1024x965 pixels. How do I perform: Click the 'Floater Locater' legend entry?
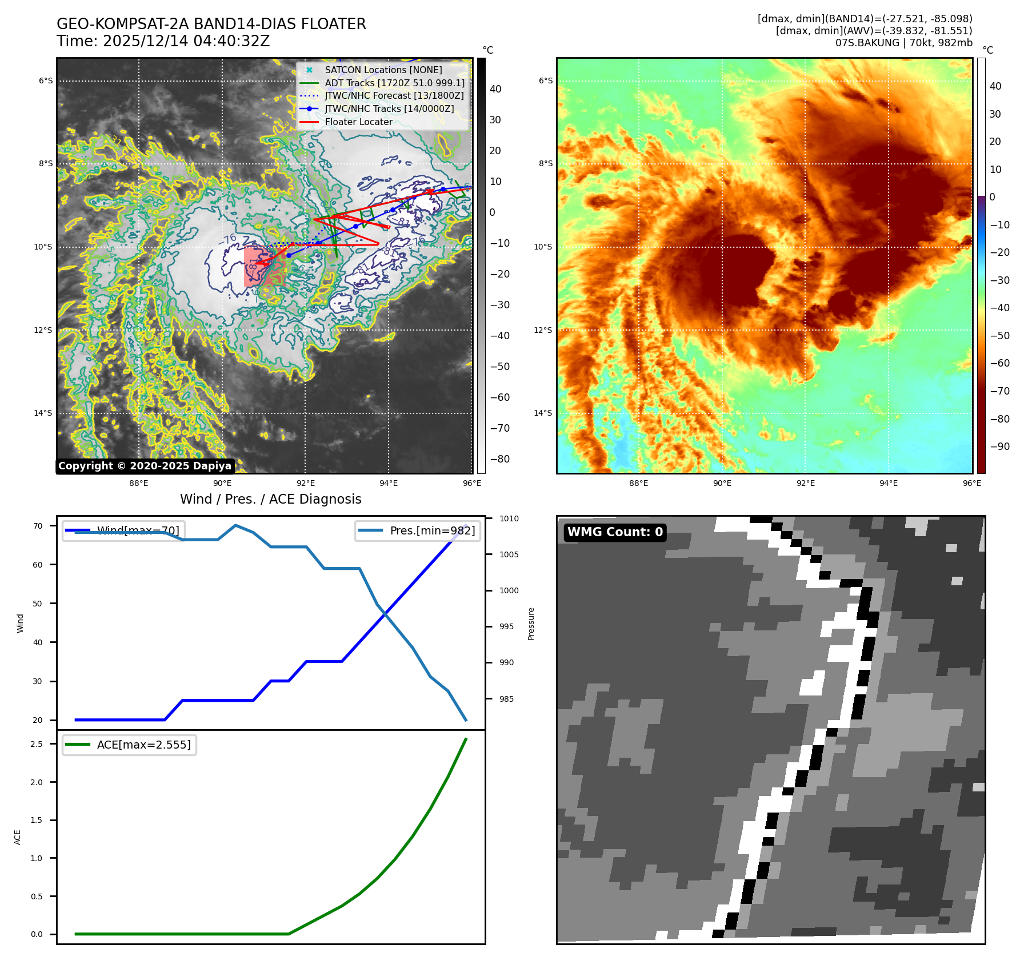tap(358, 122)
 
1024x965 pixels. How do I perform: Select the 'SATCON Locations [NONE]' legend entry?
tap(383, 70)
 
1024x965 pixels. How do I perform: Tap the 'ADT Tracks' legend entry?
tap(394, 83)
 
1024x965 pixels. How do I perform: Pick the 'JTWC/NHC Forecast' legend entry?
tap(394, 95)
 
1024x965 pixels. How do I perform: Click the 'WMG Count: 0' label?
tap(615, 532)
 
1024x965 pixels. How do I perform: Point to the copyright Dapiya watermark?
tap(145, 466)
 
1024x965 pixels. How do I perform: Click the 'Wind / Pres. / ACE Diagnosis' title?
tap(270, 499)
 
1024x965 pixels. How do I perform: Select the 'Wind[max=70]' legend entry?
tap(138, 530)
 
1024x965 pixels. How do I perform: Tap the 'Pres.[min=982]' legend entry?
tap(432, 530)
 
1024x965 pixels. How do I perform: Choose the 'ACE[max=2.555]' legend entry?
tap(143, 745)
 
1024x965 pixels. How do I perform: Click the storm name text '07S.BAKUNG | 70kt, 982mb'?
tap(903, 43)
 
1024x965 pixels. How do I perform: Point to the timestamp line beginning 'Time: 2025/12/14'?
tap(163, 41)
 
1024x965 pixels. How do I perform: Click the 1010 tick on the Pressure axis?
tap(509, 518)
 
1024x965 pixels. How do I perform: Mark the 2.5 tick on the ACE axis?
tap(37, 744)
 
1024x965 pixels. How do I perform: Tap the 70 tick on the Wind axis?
tap(38, 526)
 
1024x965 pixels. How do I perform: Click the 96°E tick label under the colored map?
tap(971, 483)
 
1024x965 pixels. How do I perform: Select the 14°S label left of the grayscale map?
tap(43, 413)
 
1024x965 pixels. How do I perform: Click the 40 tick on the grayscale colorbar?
tap(495, 89)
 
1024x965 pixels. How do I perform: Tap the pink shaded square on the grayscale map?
tap(263, 266)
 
